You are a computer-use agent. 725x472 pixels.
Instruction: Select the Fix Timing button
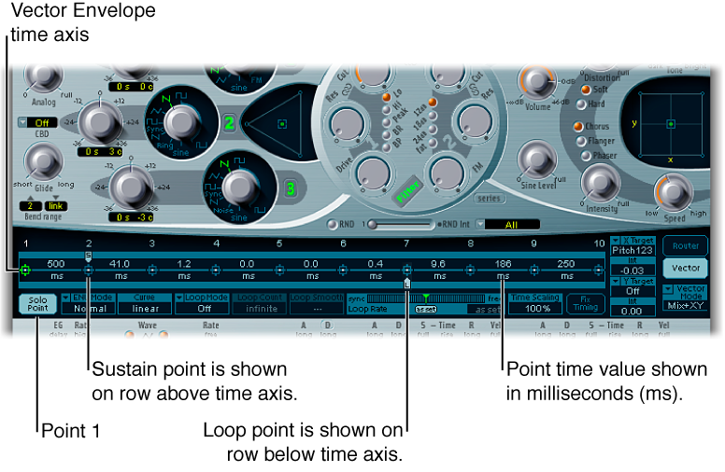pyautogui.click(x=587, y=303)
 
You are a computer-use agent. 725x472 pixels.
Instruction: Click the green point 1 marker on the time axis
pyautogui.click(x=25, y=271)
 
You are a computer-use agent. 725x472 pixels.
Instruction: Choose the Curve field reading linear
pyautogui.click(x=145, y=308)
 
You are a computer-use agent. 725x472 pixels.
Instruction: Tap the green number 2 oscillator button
pyautogui.click(x=229, y=122)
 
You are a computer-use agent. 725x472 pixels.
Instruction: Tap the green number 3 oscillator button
pyautogui.click(x=290, y=187)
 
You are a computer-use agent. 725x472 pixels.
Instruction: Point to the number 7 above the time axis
pyautogui.click(x=406, y=244)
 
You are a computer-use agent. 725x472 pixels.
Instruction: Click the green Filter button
pyautogui.click(x=406, y=196)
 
